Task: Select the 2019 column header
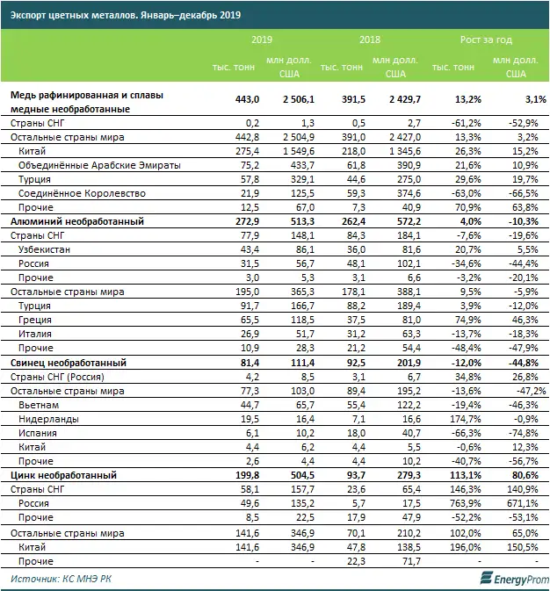click(262, 40)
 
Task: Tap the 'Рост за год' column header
click(486, 40)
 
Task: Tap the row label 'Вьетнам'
click(40, 405)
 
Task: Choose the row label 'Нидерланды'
click(48, 419)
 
